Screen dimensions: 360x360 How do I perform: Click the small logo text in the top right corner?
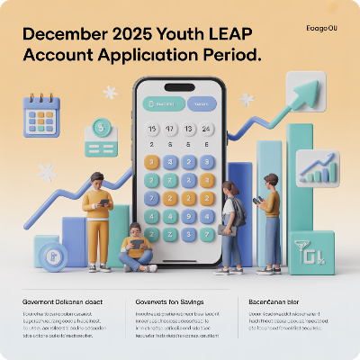(320, 29)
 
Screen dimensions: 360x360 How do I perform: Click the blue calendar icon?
(40, 117)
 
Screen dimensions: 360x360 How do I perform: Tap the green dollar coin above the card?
(100, 127)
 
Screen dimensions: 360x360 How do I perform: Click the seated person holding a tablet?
(137, 247)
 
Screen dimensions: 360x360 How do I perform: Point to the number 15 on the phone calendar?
(152, 129)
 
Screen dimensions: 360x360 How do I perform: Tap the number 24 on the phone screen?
(207, 129)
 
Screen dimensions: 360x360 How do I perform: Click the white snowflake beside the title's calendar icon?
(110, 92)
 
